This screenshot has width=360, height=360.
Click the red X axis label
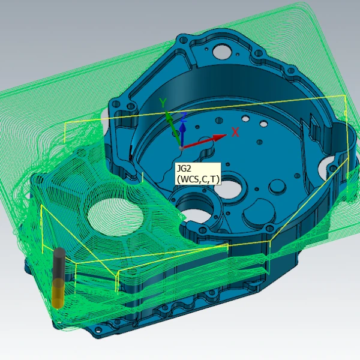pos(235,132)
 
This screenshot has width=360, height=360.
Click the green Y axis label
pos(163,103)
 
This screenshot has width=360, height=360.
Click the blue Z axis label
pos(184,117)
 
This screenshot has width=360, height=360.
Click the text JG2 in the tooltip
pos(184,169)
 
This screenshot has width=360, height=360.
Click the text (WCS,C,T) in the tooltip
pos(198,179)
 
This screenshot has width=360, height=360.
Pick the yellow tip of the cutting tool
pos(58,293)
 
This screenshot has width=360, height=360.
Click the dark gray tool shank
pos(59,264)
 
